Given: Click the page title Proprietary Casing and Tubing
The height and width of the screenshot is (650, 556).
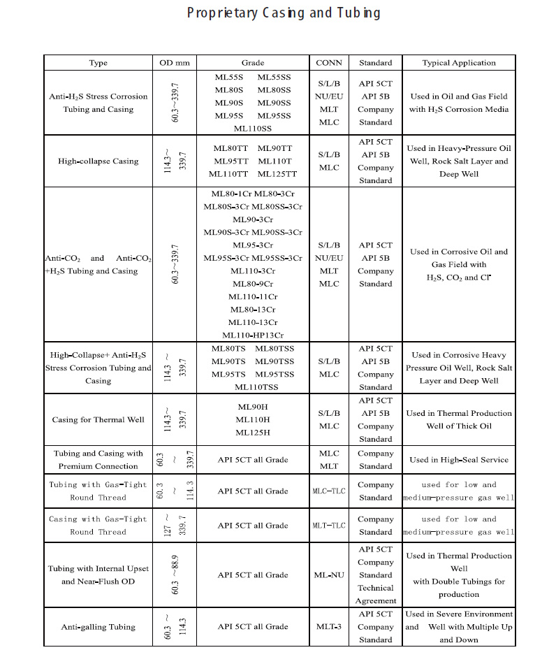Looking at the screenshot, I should [x=284, y=13].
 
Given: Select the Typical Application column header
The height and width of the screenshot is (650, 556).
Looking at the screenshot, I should [x=459, y=63].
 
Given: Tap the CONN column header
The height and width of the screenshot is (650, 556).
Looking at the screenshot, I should [x=329, y=63].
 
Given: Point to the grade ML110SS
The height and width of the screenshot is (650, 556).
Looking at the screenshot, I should [x=253, y=129].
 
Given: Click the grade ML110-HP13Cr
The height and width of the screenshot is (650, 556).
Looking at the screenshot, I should [x=253, y=335].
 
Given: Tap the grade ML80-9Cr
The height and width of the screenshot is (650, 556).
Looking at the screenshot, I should [x=253, y=284].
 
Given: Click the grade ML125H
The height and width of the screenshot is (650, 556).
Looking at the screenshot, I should [x=253, y=433].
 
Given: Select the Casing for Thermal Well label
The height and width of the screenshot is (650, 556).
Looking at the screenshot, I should [x=98, y=420].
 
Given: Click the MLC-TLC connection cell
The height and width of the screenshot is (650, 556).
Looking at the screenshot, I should [x=329, y=491].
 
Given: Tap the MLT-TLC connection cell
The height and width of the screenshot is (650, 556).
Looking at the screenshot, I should [x=329, y=526].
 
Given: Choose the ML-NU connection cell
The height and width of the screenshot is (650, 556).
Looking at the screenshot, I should [x=329, y=575].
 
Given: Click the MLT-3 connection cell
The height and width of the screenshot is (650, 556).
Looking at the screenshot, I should [x=329, y=627].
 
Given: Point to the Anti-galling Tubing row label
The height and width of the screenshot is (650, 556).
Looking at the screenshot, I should [x=98, y=627].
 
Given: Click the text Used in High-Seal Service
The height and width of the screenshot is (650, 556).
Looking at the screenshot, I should [x=459, y=460].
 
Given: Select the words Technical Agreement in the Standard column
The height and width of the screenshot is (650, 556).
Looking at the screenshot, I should [x=376, y=594].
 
